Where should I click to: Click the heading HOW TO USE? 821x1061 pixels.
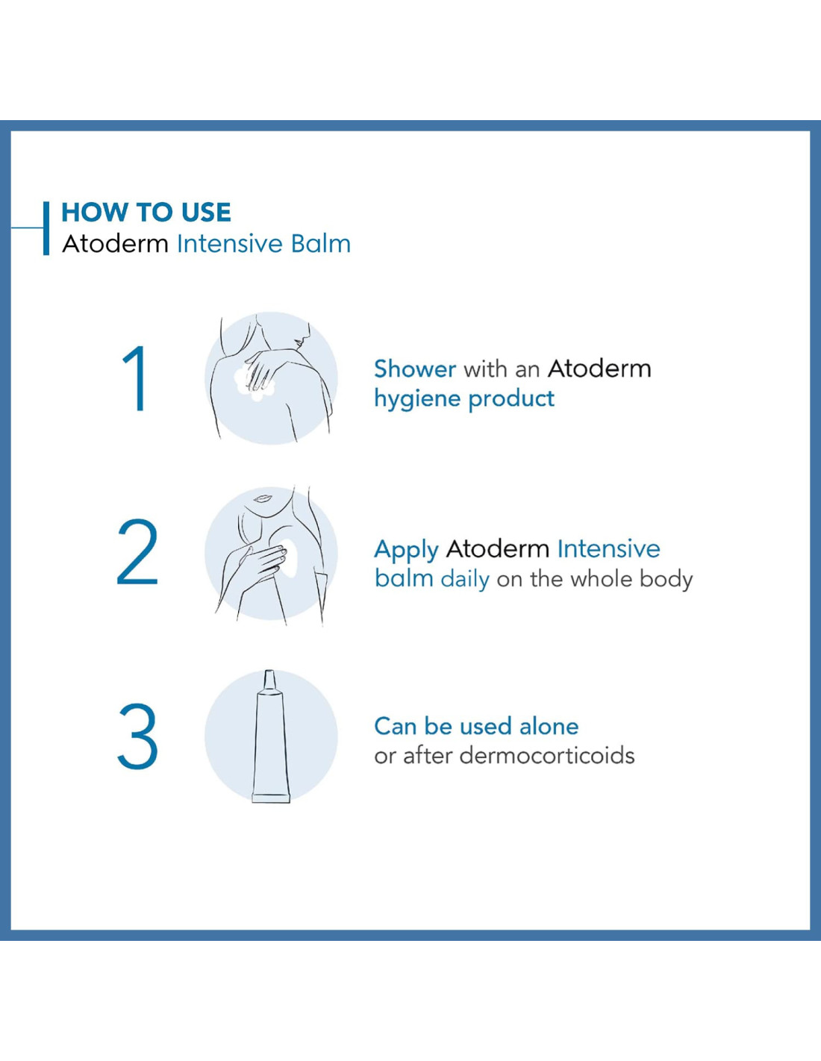146,213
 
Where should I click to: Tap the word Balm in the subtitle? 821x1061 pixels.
321,244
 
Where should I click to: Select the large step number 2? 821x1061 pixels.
138,552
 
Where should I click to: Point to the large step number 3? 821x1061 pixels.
138,736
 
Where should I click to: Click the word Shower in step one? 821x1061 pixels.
415,369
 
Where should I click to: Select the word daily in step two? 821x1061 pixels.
465,580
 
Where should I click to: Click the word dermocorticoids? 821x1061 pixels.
547,755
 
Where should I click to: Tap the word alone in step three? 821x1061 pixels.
549,726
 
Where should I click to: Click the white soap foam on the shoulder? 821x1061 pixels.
255,382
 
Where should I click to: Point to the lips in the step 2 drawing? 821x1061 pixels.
261,498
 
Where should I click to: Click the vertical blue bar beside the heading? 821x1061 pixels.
46,228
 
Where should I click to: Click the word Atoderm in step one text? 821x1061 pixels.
599,369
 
